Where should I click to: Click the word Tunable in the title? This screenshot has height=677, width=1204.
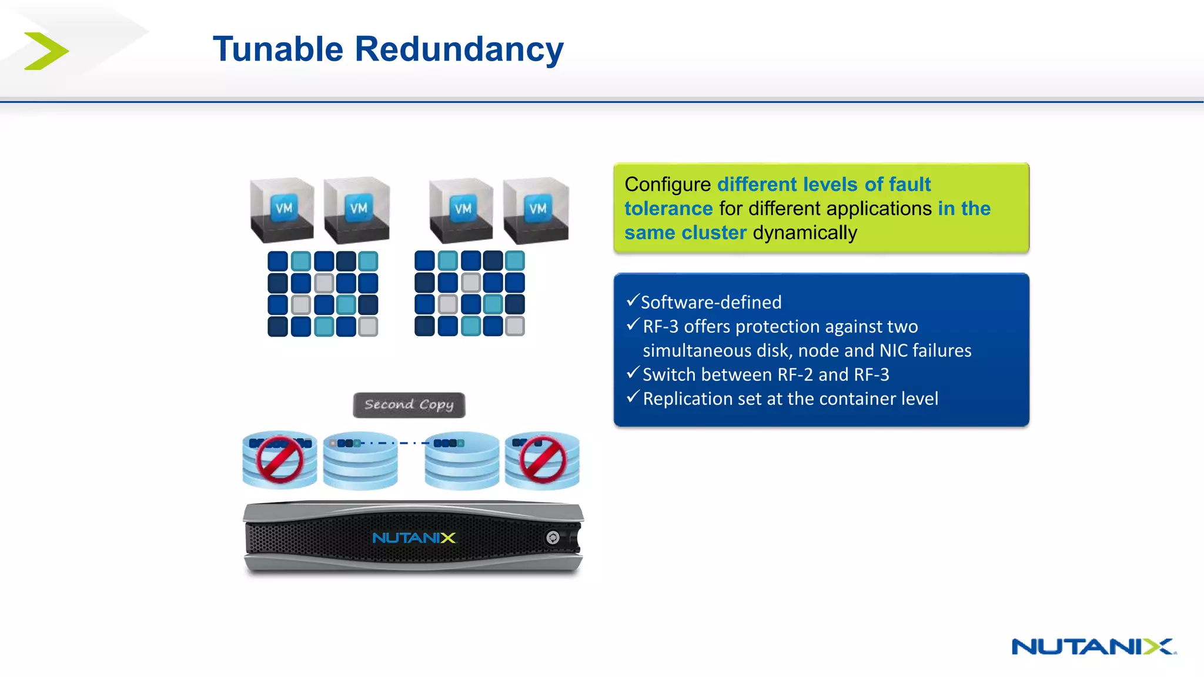point(277,49)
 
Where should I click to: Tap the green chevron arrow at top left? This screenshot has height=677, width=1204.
point(46,51)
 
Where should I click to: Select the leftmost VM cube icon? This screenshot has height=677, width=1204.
point(282,210)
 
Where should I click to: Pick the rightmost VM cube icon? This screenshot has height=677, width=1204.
point(536,210)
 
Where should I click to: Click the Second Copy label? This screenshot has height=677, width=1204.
point(409,405)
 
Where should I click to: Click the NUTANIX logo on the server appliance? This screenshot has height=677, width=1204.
point(414,538)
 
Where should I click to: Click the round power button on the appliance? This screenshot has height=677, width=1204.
point(553,537)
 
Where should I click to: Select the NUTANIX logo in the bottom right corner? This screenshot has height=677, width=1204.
point(1093,646)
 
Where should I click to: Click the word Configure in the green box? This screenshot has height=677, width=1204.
point(668,185)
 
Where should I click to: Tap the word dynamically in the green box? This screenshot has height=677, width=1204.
point(805,233)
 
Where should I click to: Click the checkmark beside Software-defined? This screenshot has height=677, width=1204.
point(633,301)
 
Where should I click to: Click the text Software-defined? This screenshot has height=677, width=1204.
point(711,303)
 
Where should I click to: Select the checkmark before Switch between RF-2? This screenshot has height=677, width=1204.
point(633,373)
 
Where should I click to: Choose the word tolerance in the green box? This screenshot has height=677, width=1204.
point(668,209)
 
